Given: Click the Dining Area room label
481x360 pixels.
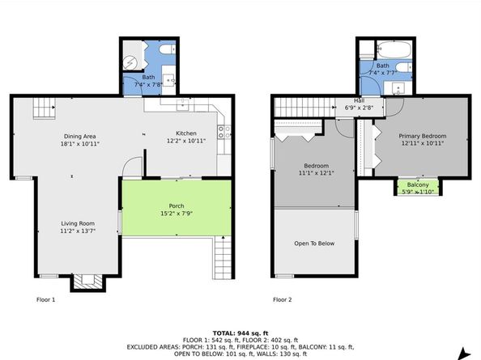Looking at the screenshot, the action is [x=79, y=137].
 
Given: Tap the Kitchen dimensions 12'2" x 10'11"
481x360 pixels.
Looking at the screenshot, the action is [x=186, y=141].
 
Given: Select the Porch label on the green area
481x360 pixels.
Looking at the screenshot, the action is [x=177, y=206].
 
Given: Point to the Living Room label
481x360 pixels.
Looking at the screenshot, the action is [x=78, y=223].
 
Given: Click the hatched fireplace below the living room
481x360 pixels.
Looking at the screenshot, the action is [x=88, y=282].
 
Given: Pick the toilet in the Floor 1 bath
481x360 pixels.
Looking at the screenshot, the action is [x=168, y=49].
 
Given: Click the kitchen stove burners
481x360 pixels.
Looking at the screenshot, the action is [x=224, y=132].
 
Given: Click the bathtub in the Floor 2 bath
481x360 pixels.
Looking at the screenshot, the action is [x=394, y=49].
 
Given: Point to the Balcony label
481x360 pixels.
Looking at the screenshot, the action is [x=418, y=184].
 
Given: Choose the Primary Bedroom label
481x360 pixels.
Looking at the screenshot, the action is [x=423, y=136].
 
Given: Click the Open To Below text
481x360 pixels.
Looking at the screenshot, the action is [x=314, y=244].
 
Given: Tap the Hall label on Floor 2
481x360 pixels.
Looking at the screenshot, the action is [x=360, y=100].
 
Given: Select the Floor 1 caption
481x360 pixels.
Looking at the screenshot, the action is [x=45, y=299].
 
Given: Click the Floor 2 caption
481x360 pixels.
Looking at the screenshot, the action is [x=283, y=299].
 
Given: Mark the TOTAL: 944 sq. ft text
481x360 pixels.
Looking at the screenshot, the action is [x=240, y=333].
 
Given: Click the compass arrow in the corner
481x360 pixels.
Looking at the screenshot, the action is [x=466, y=354].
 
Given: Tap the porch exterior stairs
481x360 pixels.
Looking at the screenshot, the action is [x=223, y=257].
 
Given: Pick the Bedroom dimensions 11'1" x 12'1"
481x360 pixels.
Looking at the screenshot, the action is [x=317, y=173].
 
